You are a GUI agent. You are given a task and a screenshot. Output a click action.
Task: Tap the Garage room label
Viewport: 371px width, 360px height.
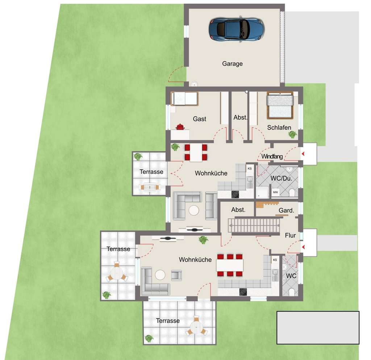coord(232,64)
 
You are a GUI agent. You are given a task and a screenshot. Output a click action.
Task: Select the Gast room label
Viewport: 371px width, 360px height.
coord(199,119)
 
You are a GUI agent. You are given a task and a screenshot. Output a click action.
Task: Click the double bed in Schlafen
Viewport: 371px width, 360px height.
coord(280,105)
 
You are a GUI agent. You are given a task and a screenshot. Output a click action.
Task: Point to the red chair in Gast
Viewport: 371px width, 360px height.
coord(180,127)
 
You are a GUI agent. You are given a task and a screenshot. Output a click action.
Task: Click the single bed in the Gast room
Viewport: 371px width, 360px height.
coord(185,98)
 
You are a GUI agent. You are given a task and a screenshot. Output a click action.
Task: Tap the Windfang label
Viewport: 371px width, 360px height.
coord(272,157)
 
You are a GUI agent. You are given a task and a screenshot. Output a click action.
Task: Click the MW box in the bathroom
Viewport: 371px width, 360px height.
coord(275,192)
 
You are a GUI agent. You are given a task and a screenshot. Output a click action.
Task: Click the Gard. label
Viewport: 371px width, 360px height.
coord(286,211)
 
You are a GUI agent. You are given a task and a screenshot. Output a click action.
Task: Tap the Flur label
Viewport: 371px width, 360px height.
coord(290,236)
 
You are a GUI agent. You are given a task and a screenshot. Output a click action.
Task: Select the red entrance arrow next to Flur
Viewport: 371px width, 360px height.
coord(304,247)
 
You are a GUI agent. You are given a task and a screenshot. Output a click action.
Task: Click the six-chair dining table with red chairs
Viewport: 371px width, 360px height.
coord(230,265)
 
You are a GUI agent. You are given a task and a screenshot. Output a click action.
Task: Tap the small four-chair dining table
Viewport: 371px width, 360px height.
coord(196,153)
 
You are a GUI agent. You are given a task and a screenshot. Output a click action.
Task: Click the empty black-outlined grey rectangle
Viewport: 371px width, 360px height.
coord(318,327)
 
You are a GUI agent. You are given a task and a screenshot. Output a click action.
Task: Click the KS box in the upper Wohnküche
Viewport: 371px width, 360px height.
coord(250,169)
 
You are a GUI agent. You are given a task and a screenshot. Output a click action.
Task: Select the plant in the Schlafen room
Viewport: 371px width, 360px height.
coord(292,135)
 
